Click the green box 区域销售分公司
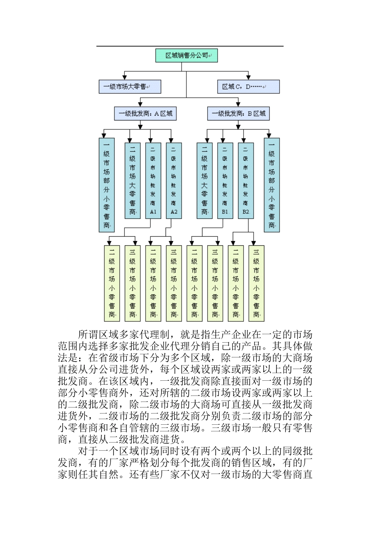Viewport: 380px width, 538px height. tap(186, 56)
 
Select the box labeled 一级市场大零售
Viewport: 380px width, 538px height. tap(130, 87)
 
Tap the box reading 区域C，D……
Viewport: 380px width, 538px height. tap(248, 87)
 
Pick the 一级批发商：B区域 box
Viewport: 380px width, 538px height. tap(238, 114)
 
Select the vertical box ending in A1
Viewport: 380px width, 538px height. tap(153, 180)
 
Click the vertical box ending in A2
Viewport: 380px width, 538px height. tap(174, 180)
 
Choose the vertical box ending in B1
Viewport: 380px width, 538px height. tap(225, 180)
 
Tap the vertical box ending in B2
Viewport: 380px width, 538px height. tap(246, 180)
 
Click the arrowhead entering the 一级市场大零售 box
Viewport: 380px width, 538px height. tap(124, 77)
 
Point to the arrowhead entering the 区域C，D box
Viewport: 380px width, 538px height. tap(248, 77)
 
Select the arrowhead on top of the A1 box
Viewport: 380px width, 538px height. tap(150, 140)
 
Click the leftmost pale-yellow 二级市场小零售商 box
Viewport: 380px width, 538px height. tap(112, 283)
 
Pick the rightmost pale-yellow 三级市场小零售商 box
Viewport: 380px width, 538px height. tap(256, 283)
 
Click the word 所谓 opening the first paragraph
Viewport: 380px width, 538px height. tap(88, 334)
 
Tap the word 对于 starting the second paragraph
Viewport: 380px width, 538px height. tap(88, 451)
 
